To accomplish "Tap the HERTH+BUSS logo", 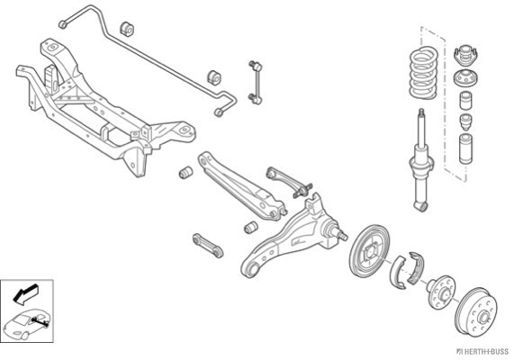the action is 482,352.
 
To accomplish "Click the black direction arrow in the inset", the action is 25,293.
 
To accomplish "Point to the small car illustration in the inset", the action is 27,324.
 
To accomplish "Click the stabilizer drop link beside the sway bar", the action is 256,82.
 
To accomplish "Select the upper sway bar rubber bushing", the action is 127,29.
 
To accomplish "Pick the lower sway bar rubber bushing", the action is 214,77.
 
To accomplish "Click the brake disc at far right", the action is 476,311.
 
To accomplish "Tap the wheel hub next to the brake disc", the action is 441,292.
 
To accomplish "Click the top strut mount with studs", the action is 465,56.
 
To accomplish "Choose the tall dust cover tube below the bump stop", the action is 465,148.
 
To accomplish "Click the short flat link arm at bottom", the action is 208,246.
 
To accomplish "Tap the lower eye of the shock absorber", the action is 421,206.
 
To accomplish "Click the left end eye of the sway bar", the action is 62,24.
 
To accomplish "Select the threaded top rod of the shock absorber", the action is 421,126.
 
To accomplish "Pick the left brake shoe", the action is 398,272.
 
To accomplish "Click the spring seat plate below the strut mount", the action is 465,78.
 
